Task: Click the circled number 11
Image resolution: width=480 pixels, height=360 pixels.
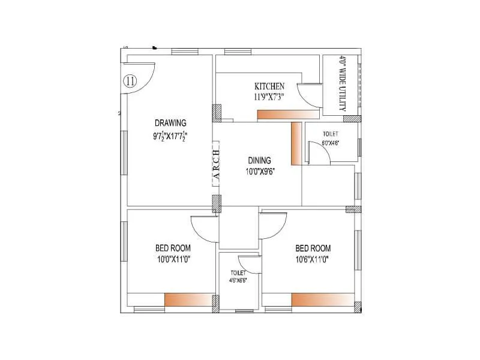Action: click(130, 81)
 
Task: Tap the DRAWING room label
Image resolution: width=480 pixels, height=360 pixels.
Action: click(170, 124)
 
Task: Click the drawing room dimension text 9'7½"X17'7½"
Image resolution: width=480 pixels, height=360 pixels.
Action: click(170, 136)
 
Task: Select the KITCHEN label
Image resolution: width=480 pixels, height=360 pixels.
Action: click(269, 86)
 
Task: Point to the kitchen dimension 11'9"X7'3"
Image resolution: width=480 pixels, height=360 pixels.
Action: click(269, 96)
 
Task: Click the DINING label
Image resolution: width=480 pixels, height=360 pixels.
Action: click(260, 160)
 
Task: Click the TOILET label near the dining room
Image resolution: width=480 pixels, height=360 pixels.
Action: click(331, 134)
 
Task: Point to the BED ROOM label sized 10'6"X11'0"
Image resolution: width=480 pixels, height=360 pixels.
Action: click(312, 248)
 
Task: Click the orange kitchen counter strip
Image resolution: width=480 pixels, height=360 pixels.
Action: click(288, 115)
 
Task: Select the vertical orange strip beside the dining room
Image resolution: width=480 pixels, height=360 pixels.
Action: click(295, 143)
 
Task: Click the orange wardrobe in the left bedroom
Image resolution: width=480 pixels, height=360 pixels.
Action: click(189, 300)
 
